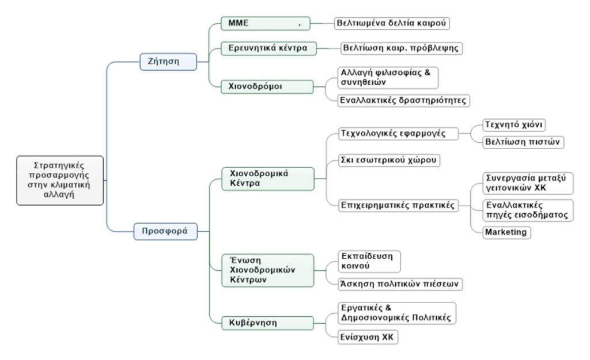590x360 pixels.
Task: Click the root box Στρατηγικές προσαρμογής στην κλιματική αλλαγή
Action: point(60,180)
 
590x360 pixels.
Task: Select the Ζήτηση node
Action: point(168,61)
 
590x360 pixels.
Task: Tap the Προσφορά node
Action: point(165,231)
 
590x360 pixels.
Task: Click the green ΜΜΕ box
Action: point(265,24)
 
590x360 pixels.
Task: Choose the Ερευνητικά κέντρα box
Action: point(268,48)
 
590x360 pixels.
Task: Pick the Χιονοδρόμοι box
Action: point(267,87)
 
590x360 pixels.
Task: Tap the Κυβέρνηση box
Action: point(268,323)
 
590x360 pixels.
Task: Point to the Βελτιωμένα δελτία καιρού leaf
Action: point(392,24)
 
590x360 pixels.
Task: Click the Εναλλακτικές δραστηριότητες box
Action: point(404,100)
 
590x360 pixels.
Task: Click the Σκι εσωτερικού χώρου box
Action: point(389,159)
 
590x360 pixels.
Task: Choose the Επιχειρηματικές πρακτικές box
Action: point(398,204)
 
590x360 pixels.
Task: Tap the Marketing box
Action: point(505,232)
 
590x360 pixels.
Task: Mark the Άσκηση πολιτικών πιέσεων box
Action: point(400,283)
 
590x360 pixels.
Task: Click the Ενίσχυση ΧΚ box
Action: point(368,336)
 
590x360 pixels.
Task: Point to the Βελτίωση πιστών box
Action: point(523,142)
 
